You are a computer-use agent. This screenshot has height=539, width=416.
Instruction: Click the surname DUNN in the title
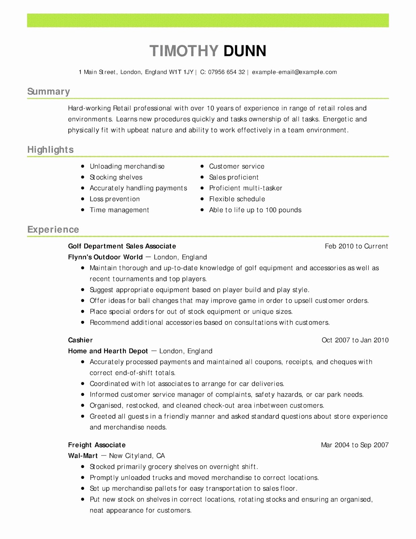[244, 51]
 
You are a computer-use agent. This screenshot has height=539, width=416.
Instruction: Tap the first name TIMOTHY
[184, 51]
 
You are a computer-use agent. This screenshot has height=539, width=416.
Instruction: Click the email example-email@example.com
[294, 72]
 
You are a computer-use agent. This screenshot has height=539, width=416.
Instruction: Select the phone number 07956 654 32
[226, 72]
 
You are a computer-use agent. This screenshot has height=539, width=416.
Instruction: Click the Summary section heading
[48, 91]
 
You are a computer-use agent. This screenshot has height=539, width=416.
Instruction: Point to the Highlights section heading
[50, 150]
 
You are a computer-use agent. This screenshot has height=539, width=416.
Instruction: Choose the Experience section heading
[53, 229]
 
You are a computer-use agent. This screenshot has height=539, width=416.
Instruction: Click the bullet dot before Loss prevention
[83, 199]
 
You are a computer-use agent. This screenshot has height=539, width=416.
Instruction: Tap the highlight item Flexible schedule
[237, 199]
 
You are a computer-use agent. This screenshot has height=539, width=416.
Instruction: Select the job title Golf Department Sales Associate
[122, 246]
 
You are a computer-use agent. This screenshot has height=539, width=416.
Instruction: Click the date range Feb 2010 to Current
[356, 246]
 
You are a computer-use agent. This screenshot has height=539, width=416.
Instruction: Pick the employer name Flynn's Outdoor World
[105, 257]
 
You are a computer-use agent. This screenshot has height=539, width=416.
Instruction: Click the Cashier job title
[80, 340]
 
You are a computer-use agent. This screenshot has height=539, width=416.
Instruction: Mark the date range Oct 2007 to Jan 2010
[355, 340]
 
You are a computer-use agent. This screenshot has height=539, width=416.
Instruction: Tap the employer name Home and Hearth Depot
[108, 351]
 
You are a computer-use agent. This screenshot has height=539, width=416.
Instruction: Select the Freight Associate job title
[97, 445]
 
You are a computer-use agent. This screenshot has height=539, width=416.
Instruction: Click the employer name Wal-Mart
[83, 456]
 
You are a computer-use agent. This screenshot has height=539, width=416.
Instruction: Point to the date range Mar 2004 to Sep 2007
[354, 445]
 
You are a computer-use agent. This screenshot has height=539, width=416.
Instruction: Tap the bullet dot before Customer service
[202, 166]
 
